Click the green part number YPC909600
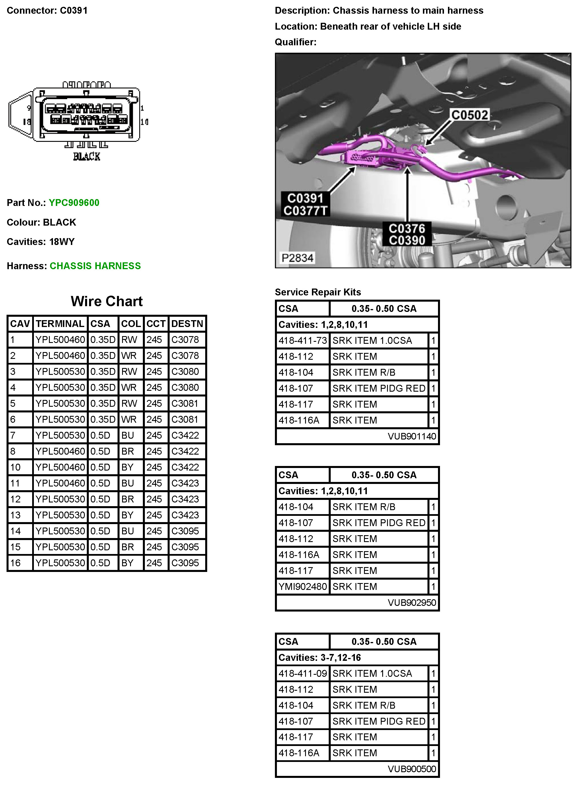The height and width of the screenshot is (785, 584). (74, 203)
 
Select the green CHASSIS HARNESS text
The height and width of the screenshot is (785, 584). (95, 266)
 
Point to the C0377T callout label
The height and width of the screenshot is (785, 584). (305, 211)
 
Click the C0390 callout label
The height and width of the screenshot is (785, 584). (407, 241)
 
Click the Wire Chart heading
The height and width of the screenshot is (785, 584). (106, 301)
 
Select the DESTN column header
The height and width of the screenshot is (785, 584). (187, 324)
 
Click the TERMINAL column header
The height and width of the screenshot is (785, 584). (60, 324)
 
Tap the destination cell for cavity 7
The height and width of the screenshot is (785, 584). (185, 435)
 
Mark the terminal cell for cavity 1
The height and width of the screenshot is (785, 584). (60, 340)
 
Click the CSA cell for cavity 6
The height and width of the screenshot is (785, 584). (102, 419)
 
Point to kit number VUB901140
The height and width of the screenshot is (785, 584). (412, 436)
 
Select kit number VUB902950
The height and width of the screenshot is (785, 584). (412, 602)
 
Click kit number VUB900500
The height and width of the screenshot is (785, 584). (412, 769)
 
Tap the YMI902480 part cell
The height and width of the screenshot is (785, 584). (303, 586)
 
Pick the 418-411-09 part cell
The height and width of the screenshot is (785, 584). (303, 673)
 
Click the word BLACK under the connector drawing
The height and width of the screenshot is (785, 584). (87, 156)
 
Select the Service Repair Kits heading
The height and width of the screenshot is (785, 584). (318, 292)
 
